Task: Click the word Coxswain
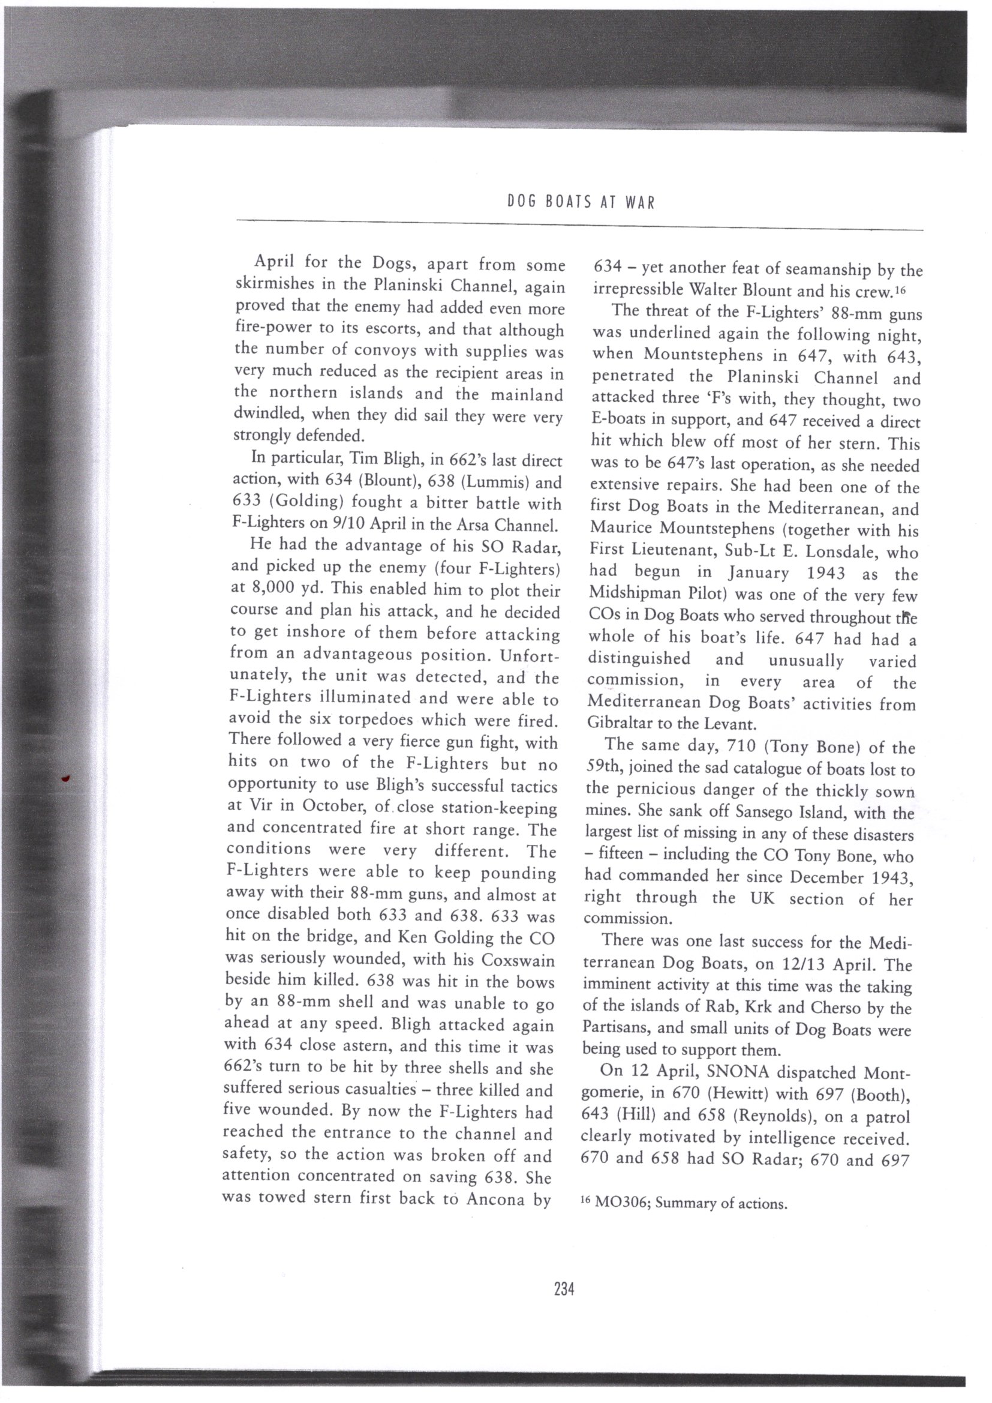tap(518, 960)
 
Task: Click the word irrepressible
tap(638, 290)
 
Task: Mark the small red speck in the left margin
tap(66, 778)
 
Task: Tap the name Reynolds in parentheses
tap(770, 1116)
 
